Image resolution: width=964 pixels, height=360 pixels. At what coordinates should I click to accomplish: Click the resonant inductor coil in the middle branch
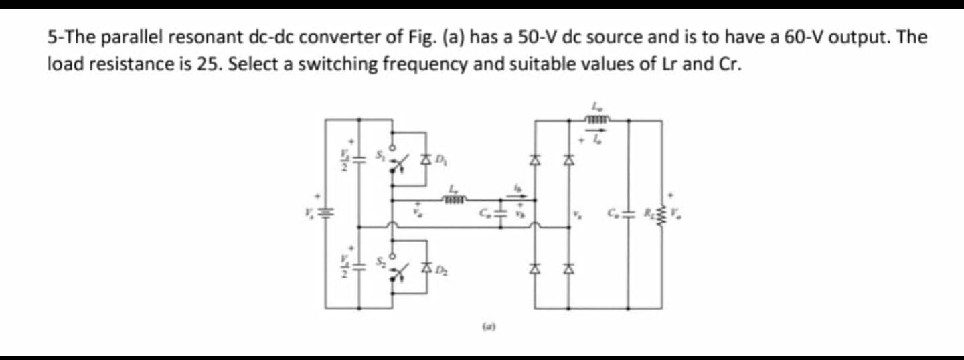tap(455, 199)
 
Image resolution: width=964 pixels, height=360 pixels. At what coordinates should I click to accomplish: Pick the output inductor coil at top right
tap(596, 120)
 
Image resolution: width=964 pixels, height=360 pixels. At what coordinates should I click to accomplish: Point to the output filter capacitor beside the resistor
tap(628, 214)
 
